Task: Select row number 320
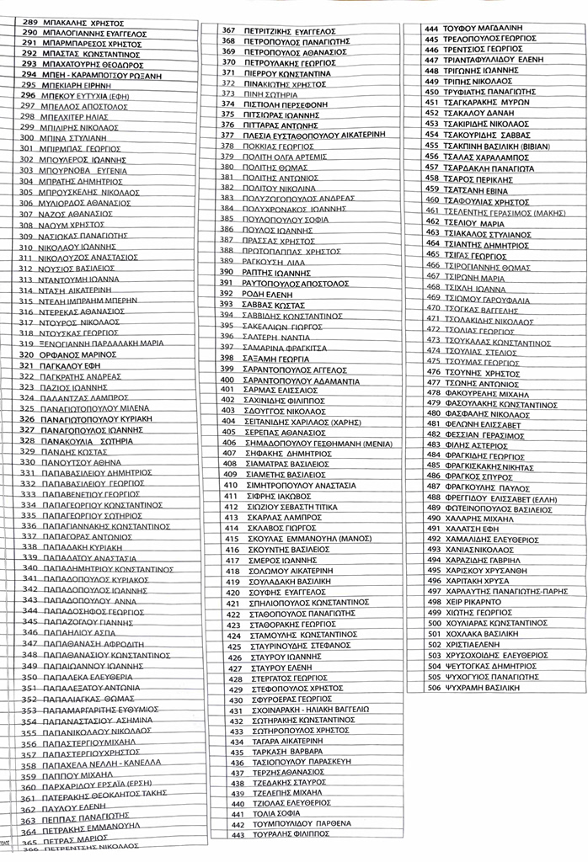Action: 27,355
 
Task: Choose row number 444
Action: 431,28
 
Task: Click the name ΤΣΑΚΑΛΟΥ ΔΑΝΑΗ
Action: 476,113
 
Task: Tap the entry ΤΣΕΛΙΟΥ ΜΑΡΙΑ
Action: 473,224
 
